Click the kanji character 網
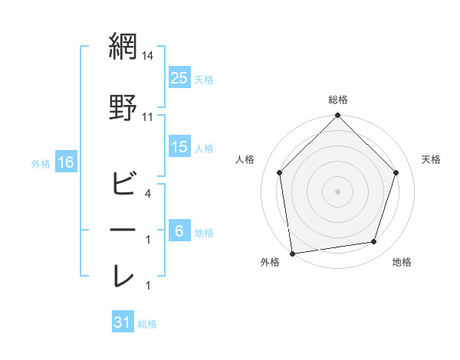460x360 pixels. (x=123, y=47)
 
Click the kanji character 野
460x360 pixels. (x=123, y=107)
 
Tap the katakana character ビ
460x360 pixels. (x=123, y=184)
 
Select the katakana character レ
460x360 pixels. (x=123, y=276)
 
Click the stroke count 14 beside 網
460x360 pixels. (x=148, y=56)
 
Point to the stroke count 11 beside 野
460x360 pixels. (x=148, y=116)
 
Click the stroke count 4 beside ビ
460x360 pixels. (x=148, y=194)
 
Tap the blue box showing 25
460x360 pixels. (x=179, y=77)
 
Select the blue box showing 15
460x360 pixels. (x=179, y=147)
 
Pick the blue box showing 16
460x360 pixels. (x=65, y=162)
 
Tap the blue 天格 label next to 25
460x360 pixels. (x=204, y=79)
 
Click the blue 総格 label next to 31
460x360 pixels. (x=147, y=324)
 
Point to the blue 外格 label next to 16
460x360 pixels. (x=41, y=163)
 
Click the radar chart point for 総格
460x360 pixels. (x=337, y=116)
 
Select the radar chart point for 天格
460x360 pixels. (x=396, y=172)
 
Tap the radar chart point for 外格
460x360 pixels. (x=292, y=253)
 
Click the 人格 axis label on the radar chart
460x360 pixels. (x=245, y=159)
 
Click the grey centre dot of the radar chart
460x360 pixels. (x=337, y=191)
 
